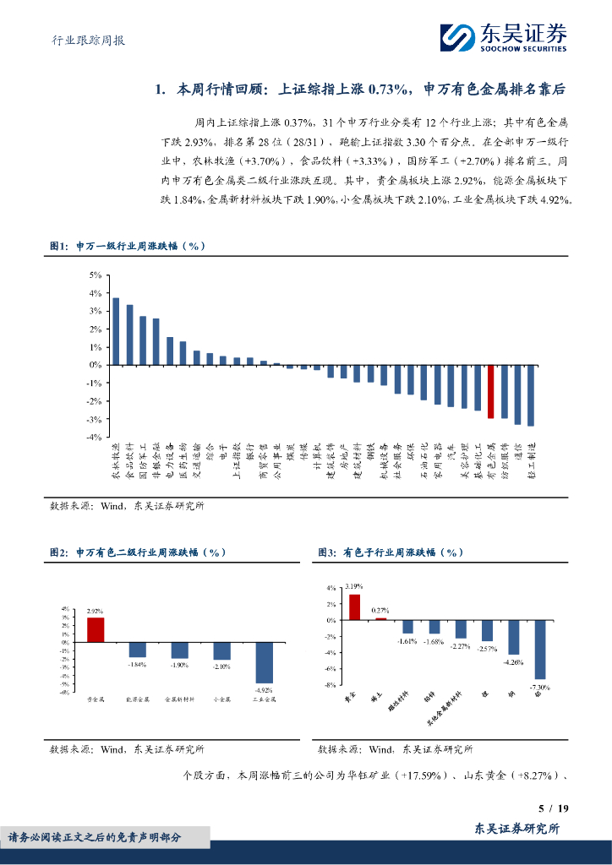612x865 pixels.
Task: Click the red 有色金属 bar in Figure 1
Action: pos(490,391)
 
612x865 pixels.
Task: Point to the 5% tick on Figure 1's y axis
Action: pos(96,275)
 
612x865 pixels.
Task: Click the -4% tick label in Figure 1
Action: pos(95,437)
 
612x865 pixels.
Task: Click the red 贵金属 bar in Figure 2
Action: pos(96,629)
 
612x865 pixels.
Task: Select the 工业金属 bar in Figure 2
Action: pos(265,662)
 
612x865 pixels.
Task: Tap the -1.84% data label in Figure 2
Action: pos(136,664)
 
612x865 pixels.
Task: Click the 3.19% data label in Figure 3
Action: pos(354,586)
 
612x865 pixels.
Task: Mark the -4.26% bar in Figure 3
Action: pos(513,637)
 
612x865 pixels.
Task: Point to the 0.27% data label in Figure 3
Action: pos(380,610)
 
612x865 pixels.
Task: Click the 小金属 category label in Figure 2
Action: pos(222,699)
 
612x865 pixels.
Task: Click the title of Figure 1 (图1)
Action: pos(127,246)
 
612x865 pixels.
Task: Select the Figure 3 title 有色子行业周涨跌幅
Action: pos(391,552)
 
